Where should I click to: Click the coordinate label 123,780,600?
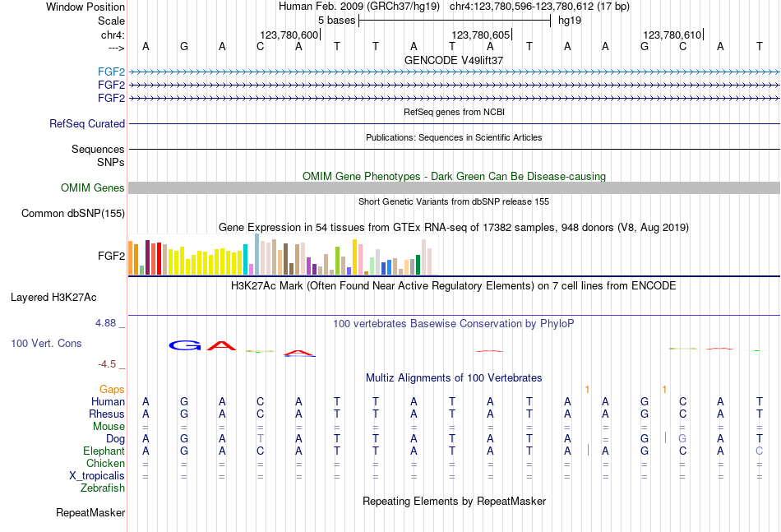289,35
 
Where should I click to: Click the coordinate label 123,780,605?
481,35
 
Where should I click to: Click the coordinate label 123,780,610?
672,35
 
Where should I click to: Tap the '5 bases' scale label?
336,20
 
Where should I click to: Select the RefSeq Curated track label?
87,123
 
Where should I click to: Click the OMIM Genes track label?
93,188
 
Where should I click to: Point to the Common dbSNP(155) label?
73,214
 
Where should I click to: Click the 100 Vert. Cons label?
46,343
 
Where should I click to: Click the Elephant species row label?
104,451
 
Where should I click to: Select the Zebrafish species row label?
103,488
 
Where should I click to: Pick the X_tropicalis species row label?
97,476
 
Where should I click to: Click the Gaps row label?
112,389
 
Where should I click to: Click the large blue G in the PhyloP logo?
185,345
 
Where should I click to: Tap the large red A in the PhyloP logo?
221,345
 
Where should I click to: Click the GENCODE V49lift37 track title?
454,60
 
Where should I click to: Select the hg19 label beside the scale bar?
570,20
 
